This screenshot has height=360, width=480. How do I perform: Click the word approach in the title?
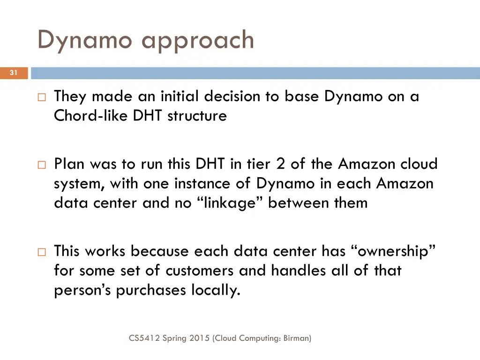[198, 41]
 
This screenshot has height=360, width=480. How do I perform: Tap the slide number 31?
[14, 73]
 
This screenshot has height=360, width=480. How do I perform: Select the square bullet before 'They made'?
[41, 97]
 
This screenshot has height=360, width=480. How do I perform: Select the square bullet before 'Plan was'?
[41, 165]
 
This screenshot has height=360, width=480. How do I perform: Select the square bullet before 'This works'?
[41, 252]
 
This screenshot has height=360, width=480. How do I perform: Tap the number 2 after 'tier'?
[282, 164]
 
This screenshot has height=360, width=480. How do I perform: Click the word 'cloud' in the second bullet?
[419, 164]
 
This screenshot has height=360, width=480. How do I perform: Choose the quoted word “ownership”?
[394, 251]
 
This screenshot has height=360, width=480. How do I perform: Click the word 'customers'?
[200, 270]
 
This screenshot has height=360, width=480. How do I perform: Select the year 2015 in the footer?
[199, 337]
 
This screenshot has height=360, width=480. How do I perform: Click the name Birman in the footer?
[296, 337]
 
